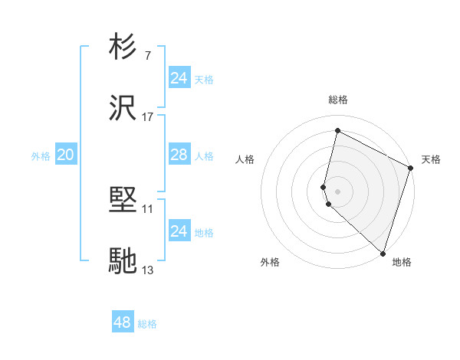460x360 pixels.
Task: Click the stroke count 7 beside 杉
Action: point(148,56)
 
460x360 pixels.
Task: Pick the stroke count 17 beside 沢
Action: point(148,116)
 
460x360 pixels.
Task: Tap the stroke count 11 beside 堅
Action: point(148,209)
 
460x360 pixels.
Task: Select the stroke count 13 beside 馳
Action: point(148,270)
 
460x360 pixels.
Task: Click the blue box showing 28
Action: point(179,155)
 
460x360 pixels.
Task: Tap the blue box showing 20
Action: point(65,155)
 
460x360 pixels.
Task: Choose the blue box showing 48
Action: point(123,322)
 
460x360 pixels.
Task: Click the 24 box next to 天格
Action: point(179,78)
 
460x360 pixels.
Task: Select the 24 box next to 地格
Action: point(179,231)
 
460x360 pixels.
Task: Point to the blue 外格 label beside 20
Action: point(41,156)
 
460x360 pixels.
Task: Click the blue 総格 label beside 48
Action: point(147,324)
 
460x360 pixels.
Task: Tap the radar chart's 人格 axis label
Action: point(245,159)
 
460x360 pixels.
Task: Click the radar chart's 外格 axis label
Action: point(270,263)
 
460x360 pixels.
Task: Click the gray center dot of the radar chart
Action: point(337,191)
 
